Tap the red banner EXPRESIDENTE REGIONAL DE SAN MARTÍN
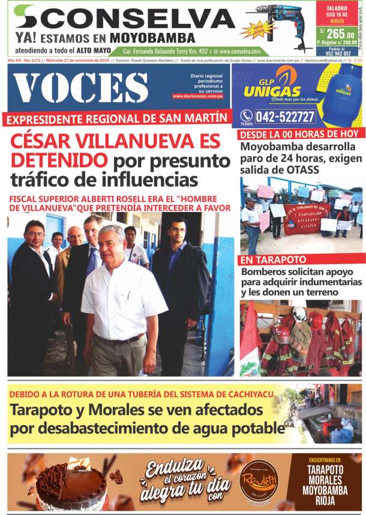pos(117,119)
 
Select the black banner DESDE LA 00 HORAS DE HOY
pos(298,133)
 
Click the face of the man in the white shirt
pos(112,243)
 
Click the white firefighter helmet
pos(299,314)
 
